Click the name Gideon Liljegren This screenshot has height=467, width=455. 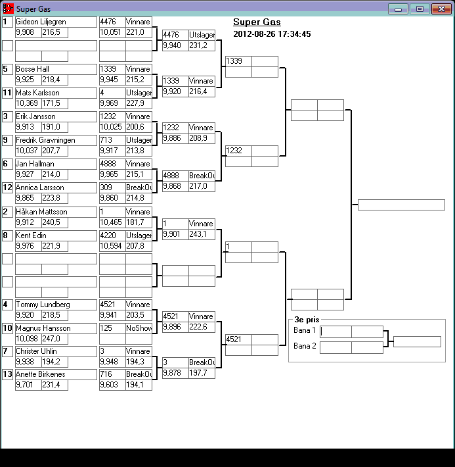(x=41, y=22)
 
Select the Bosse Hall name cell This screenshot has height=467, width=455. (x=33, y=69)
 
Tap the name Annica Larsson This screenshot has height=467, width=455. (x=40, y=187)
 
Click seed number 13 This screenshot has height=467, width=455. (x=7, y=374)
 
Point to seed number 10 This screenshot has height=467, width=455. (x=7, y=328)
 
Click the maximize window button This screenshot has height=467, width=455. (x=418, y=9)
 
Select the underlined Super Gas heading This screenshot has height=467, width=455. (x=257, y=22)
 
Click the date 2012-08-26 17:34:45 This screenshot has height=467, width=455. (x=272, y=34)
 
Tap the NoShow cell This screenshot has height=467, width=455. (x=139, y=328)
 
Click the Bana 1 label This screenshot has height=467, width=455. (x=305, y=331)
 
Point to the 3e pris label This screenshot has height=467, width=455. (x=307, y=320)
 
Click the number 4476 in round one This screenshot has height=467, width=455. (x=108, y=22)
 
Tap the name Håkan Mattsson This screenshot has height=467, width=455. (x=41, y=212)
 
